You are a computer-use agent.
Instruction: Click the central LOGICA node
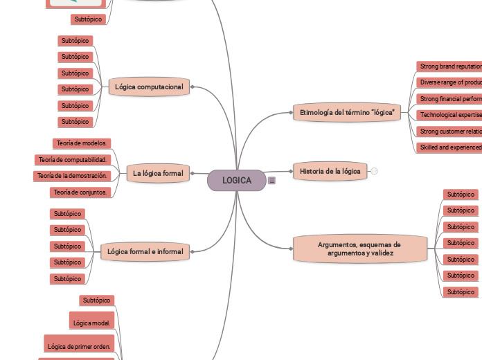237,180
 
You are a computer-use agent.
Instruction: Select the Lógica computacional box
149,87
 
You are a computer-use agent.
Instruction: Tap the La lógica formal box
158,173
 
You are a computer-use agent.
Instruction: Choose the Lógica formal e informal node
145,251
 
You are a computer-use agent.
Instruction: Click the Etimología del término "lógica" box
348,111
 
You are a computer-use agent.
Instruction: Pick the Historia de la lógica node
330,171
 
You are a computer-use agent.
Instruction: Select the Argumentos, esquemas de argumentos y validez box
359,249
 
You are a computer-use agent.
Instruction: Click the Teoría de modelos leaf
81,143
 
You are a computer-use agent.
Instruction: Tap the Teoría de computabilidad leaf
73,160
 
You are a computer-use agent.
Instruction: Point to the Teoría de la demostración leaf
72,176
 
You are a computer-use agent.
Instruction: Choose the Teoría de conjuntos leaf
80,192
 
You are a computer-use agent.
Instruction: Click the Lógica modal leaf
91,322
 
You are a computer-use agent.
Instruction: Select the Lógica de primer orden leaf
78,345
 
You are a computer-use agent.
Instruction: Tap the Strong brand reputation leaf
449,66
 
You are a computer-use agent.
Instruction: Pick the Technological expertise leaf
449,115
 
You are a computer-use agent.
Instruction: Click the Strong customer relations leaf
449,131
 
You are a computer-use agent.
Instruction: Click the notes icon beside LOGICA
271,181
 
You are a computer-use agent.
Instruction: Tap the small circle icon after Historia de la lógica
374,171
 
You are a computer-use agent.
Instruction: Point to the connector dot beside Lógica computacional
192,87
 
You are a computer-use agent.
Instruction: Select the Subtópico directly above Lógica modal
97,300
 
